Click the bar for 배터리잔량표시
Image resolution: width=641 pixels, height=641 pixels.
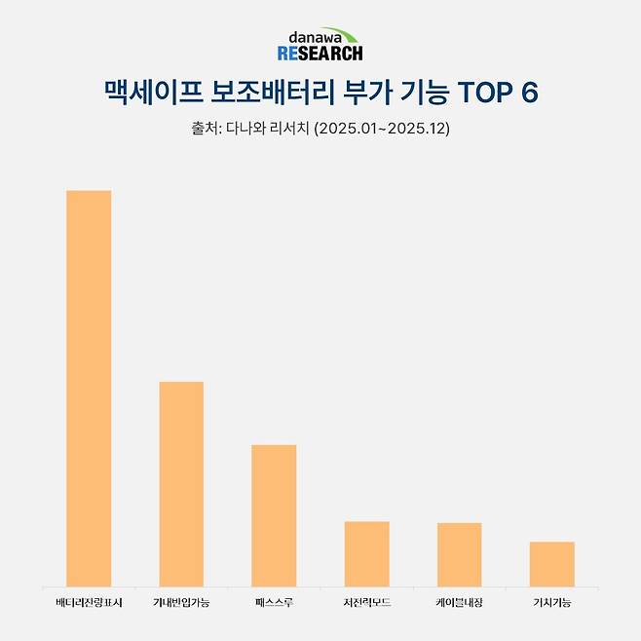point(89,388)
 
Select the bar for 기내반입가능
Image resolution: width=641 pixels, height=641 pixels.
point(181,483)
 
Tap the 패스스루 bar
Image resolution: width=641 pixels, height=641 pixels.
point(274,515)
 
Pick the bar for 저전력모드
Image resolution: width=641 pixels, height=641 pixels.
point(366,553)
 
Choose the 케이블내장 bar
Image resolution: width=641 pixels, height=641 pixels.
point(459,554)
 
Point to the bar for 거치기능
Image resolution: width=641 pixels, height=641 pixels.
point(551,563)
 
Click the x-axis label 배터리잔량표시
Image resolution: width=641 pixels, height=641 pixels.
point(89,603)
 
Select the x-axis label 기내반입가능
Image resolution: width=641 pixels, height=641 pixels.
point(181,603)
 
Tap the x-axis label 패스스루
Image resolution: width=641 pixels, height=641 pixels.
point(274,603)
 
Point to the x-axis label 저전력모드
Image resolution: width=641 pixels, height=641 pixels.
point(366,603)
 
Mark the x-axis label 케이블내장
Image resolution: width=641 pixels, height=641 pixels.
point(459,603)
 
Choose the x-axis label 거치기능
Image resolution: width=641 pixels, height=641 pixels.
point(551,603)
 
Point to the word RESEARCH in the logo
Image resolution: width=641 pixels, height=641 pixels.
point(320,53)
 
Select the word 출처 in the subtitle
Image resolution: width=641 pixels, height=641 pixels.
point(205,129)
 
